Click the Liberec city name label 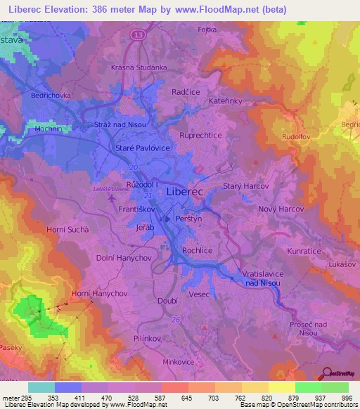point(186,191)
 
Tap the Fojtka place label point(207,30)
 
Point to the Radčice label point(187,91)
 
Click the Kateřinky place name point(226,101)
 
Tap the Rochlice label point(198,250)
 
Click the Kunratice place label point(303,250)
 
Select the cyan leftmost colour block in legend point(41,387)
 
